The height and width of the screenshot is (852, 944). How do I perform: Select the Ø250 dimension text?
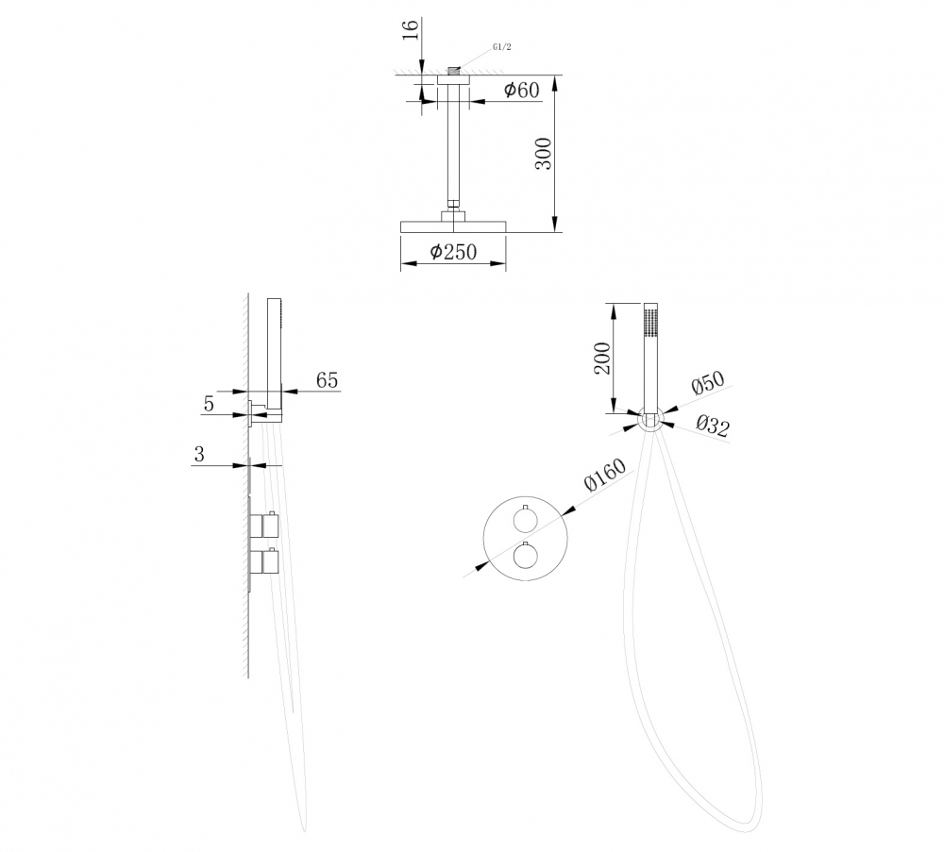pos(453,252)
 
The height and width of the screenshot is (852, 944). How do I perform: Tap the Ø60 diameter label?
pos(520,91)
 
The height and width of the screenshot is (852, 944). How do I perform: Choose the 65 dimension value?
pos(327,380)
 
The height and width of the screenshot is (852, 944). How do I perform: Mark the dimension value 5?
pos(209,404)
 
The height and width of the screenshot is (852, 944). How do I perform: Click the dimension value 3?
pos(199,454)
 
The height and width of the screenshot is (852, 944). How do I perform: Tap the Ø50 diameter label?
pos(707,384)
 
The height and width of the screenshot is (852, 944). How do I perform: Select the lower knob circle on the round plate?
pos(522,559)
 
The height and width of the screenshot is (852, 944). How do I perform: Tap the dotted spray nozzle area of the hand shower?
pos(649,321)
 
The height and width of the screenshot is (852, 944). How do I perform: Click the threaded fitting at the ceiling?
pos(454,70)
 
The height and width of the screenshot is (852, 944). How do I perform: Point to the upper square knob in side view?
pos(263,526)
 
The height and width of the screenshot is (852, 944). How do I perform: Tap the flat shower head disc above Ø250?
pos(453,226)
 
